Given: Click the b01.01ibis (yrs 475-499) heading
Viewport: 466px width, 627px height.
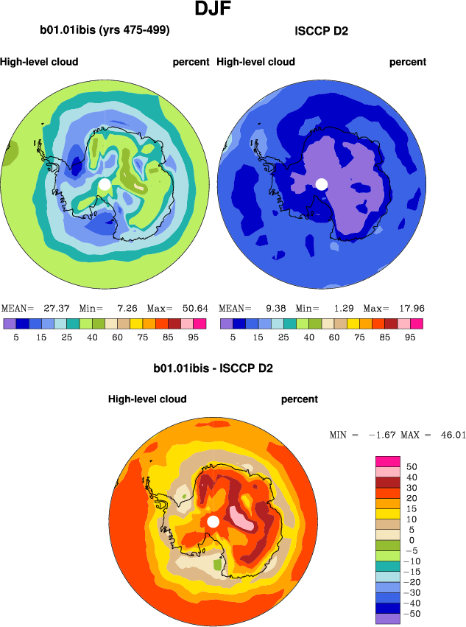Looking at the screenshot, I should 105,30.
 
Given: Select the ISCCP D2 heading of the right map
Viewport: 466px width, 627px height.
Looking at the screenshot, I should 321,30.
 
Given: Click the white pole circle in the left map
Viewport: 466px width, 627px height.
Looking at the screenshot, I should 105,183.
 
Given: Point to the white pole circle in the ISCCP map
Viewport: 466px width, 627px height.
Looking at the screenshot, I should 321,183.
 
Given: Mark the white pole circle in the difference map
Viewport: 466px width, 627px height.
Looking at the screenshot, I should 213,521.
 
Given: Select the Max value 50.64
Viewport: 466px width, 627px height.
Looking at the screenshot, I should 191,308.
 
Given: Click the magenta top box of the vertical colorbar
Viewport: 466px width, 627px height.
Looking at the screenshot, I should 387,461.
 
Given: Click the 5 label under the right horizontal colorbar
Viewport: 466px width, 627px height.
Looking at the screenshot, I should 233,336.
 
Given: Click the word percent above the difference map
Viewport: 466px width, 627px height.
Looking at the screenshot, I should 300,399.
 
